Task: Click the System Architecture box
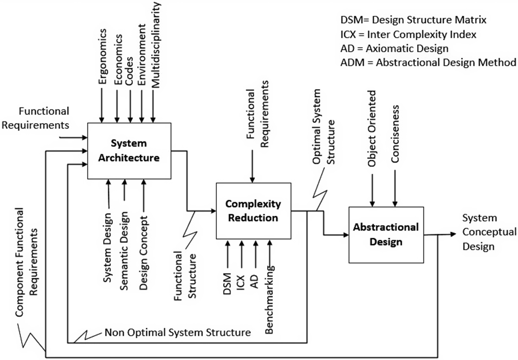coord(129,151)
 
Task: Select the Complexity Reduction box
coord(253,211)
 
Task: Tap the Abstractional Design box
coord(386,235)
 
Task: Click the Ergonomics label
coord(102,56)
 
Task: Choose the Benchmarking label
coord(269,300)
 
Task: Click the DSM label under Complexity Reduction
coord(227,284)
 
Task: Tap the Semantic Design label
coord(124,250)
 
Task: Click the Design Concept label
coord(143,253)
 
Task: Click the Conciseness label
coord(395,134)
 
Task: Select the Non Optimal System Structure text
coord(177,332)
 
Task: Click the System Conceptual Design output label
coord(489,232)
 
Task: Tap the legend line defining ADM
coord(428,62)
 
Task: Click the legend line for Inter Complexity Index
coord(408,34)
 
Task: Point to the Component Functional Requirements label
coord(26,262)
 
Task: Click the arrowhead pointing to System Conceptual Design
coord(453,234)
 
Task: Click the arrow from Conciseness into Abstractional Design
coord(395,188)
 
